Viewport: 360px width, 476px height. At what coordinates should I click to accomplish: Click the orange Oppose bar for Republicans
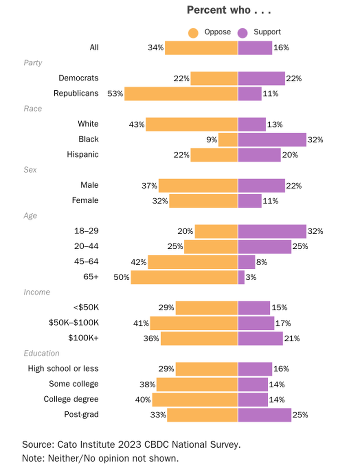tap(181, 94)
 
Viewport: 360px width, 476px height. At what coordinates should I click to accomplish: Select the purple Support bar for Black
tap(272, 139)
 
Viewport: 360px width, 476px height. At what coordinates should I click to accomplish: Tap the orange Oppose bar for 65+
tap(184, 277)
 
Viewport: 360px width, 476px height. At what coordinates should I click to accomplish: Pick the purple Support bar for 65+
tap(241, 277)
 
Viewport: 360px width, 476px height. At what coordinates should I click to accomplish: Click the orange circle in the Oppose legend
tap(194, 33)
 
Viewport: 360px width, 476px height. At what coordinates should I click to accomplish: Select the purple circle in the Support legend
tap(243, 33)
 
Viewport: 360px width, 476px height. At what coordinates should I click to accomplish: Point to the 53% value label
tap(115, 94)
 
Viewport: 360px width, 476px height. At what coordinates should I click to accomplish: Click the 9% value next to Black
tap(212, 139)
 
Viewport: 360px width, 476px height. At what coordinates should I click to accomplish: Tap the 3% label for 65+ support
tap(251, 277)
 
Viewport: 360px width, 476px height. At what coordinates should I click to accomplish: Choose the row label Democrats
tap(78, 78)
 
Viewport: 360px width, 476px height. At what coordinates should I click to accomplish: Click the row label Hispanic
tap(83, 155)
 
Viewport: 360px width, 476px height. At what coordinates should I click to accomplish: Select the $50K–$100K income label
tap(74, 323)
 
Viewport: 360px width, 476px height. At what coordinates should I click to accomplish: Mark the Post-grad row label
tap(81, 415)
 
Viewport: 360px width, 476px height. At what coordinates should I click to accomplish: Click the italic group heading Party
tap(33, 63)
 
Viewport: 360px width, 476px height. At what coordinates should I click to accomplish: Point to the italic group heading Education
tap(42, 354)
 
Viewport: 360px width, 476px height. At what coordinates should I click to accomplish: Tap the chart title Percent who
tap(228, 10)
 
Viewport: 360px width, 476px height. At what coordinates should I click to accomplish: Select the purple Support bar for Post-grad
tap(265, 415)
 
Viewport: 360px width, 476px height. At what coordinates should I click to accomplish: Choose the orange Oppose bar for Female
tap(203, 200)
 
